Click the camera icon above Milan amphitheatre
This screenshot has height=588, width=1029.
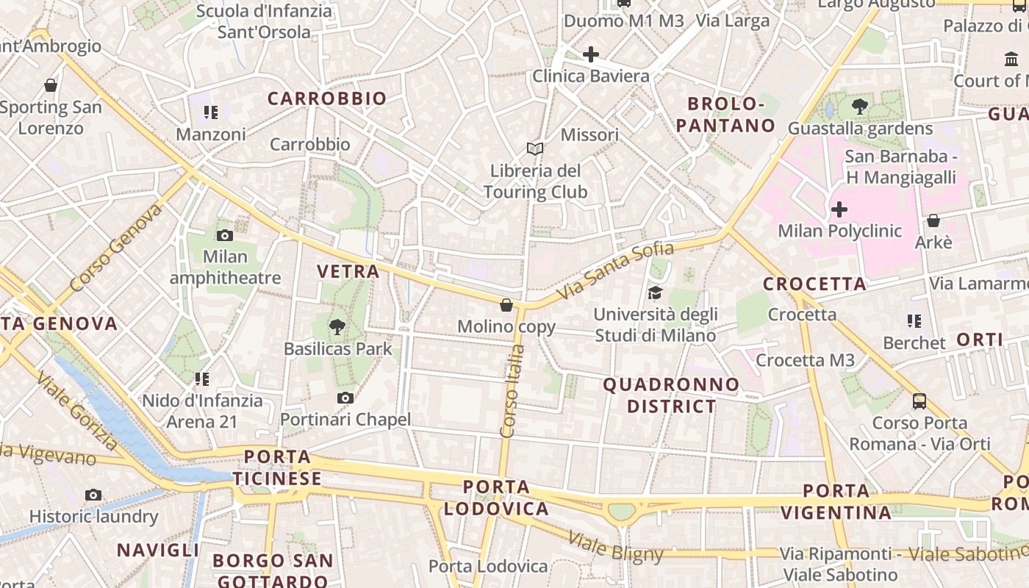(x=225, y=236)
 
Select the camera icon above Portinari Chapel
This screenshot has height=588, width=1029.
(x=345, y=398)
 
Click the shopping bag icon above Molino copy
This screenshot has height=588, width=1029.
(x=506, y=305)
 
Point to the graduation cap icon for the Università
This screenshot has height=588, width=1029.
(x=655, y=293)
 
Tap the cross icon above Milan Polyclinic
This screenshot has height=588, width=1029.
(x=839, y=210)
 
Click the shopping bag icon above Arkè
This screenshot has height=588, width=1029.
(x=933, y=220)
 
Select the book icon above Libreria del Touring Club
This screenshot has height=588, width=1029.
(x=535, y=149)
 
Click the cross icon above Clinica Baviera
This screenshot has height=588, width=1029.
(x=590, y=54)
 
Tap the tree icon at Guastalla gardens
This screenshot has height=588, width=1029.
(x=859, y=107)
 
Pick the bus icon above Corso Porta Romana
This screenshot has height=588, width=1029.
(x=919, y=401)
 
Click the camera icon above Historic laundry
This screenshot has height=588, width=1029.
(x=93, y=495)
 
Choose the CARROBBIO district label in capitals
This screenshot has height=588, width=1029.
(x=326, y=98)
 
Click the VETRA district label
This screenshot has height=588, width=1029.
(x=348, y=271)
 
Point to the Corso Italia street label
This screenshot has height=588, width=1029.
(x=512, y=391)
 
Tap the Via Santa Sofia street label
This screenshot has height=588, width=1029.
(x=605, y=272)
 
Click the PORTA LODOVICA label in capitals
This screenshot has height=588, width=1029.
(x=496, y=498)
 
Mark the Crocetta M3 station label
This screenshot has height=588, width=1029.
(x=805, y=360)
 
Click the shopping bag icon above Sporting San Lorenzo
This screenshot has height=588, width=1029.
(x=51, y=86)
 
